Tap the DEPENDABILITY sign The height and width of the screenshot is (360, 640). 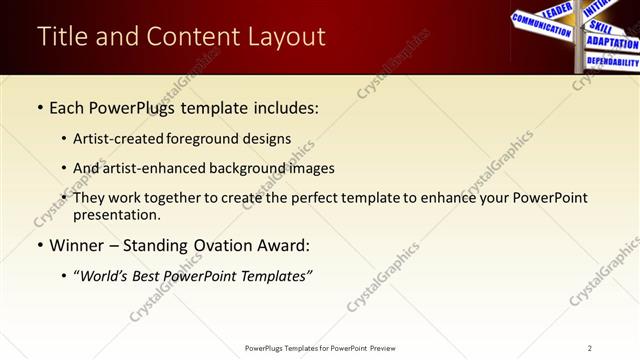pyautogui.click(x=612, y=62)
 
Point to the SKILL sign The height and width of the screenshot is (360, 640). pyautogui.click(x=601, y=27)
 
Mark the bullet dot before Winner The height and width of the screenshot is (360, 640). pyautogui.click(x=39, y=246)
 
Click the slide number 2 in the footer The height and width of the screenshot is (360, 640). pyautogui.click(x=590, y=348)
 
